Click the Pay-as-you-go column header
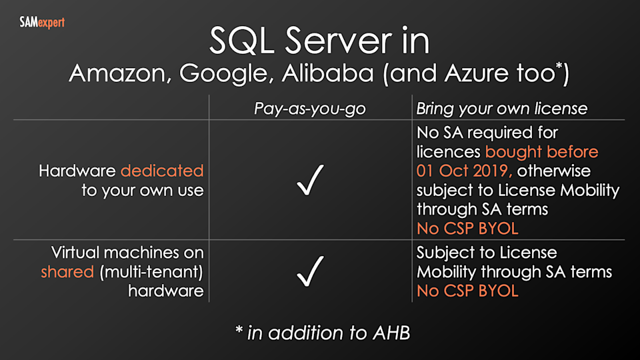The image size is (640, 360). [309, 109]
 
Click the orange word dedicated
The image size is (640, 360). [162, 171]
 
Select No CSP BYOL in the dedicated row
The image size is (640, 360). [467, 229]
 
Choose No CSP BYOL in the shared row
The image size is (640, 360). [467, 291]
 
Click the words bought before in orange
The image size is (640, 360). [541, 152]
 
